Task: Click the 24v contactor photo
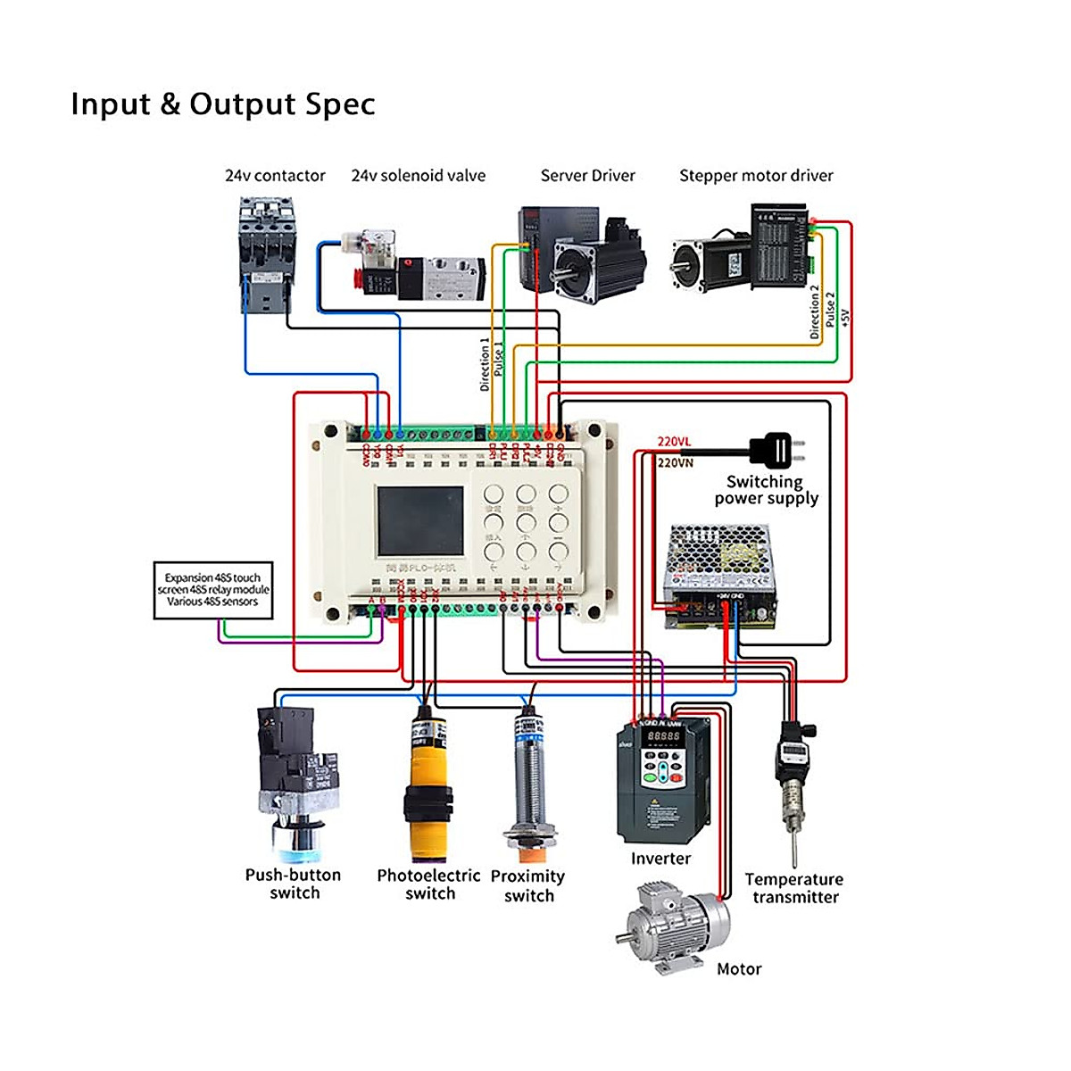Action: pyautogui.click(x=266, y=255)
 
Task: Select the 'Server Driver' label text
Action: pyautogui.click(x=587, y=176)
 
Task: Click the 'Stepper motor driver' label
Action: pyautogui.click(x=756, y=176)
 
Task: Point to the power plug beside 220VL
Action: pyautogui.click(x=773, y=449)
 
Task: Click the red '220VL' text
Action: pyautogui.click(x=674, y=441)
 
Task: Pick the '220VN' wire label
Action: pyautogui.click(x=675, y=462)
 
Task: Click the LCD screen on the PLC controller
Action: pyautogui.click(x=419, y=522)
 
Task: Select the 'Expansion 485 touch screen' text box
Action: pyautogui.click(x=212, y=590)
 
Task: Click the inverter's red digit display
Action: pyautogui.click(x=663, y=736)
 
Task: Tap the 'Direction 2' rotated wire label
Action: pyautogui.click(x=814, y=312)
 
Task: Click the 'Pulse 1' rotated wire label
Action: pyautogui.click(x=498, y=359)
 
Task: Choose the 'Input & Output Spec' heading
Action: pyautogui.click(x=223, y=104)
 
